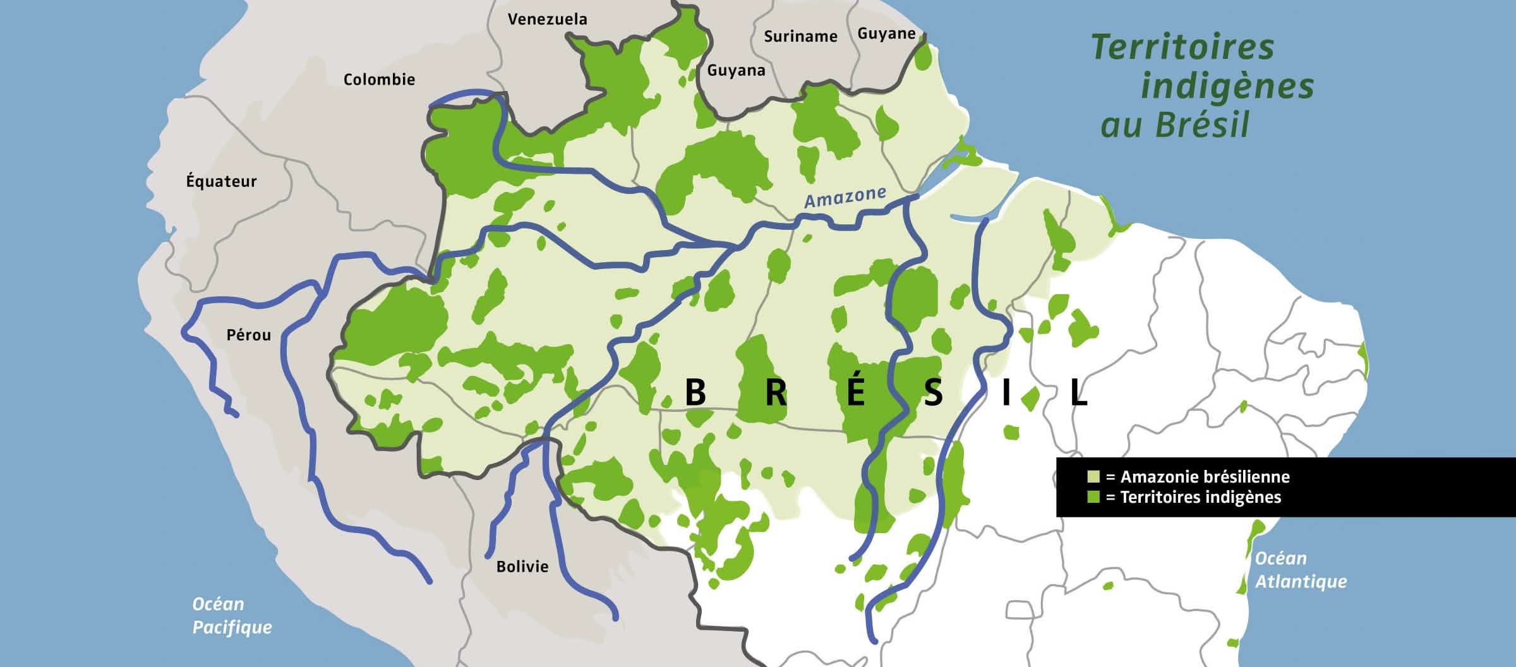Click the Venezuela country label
547,20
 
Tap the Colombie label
379,80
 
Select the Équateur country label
221,181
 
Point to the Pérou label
249,335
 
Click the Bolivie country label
522,567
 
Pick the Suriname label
800,37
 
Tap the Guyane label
886,33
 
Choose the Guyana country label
736,70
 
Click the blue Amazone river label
845,197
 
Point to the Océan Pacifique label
232,616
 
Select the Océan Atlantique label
1301,570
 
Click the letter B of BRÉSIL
695,393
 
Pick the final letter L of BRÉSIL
1078,393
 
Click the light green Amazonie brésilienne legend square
1093,476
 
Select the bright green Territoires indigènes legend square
1093,497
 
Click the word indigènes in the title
1227,87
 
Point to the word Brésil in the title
1203,125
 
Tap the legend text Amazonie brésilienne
1205,476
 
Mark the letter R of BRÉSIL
776,393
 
